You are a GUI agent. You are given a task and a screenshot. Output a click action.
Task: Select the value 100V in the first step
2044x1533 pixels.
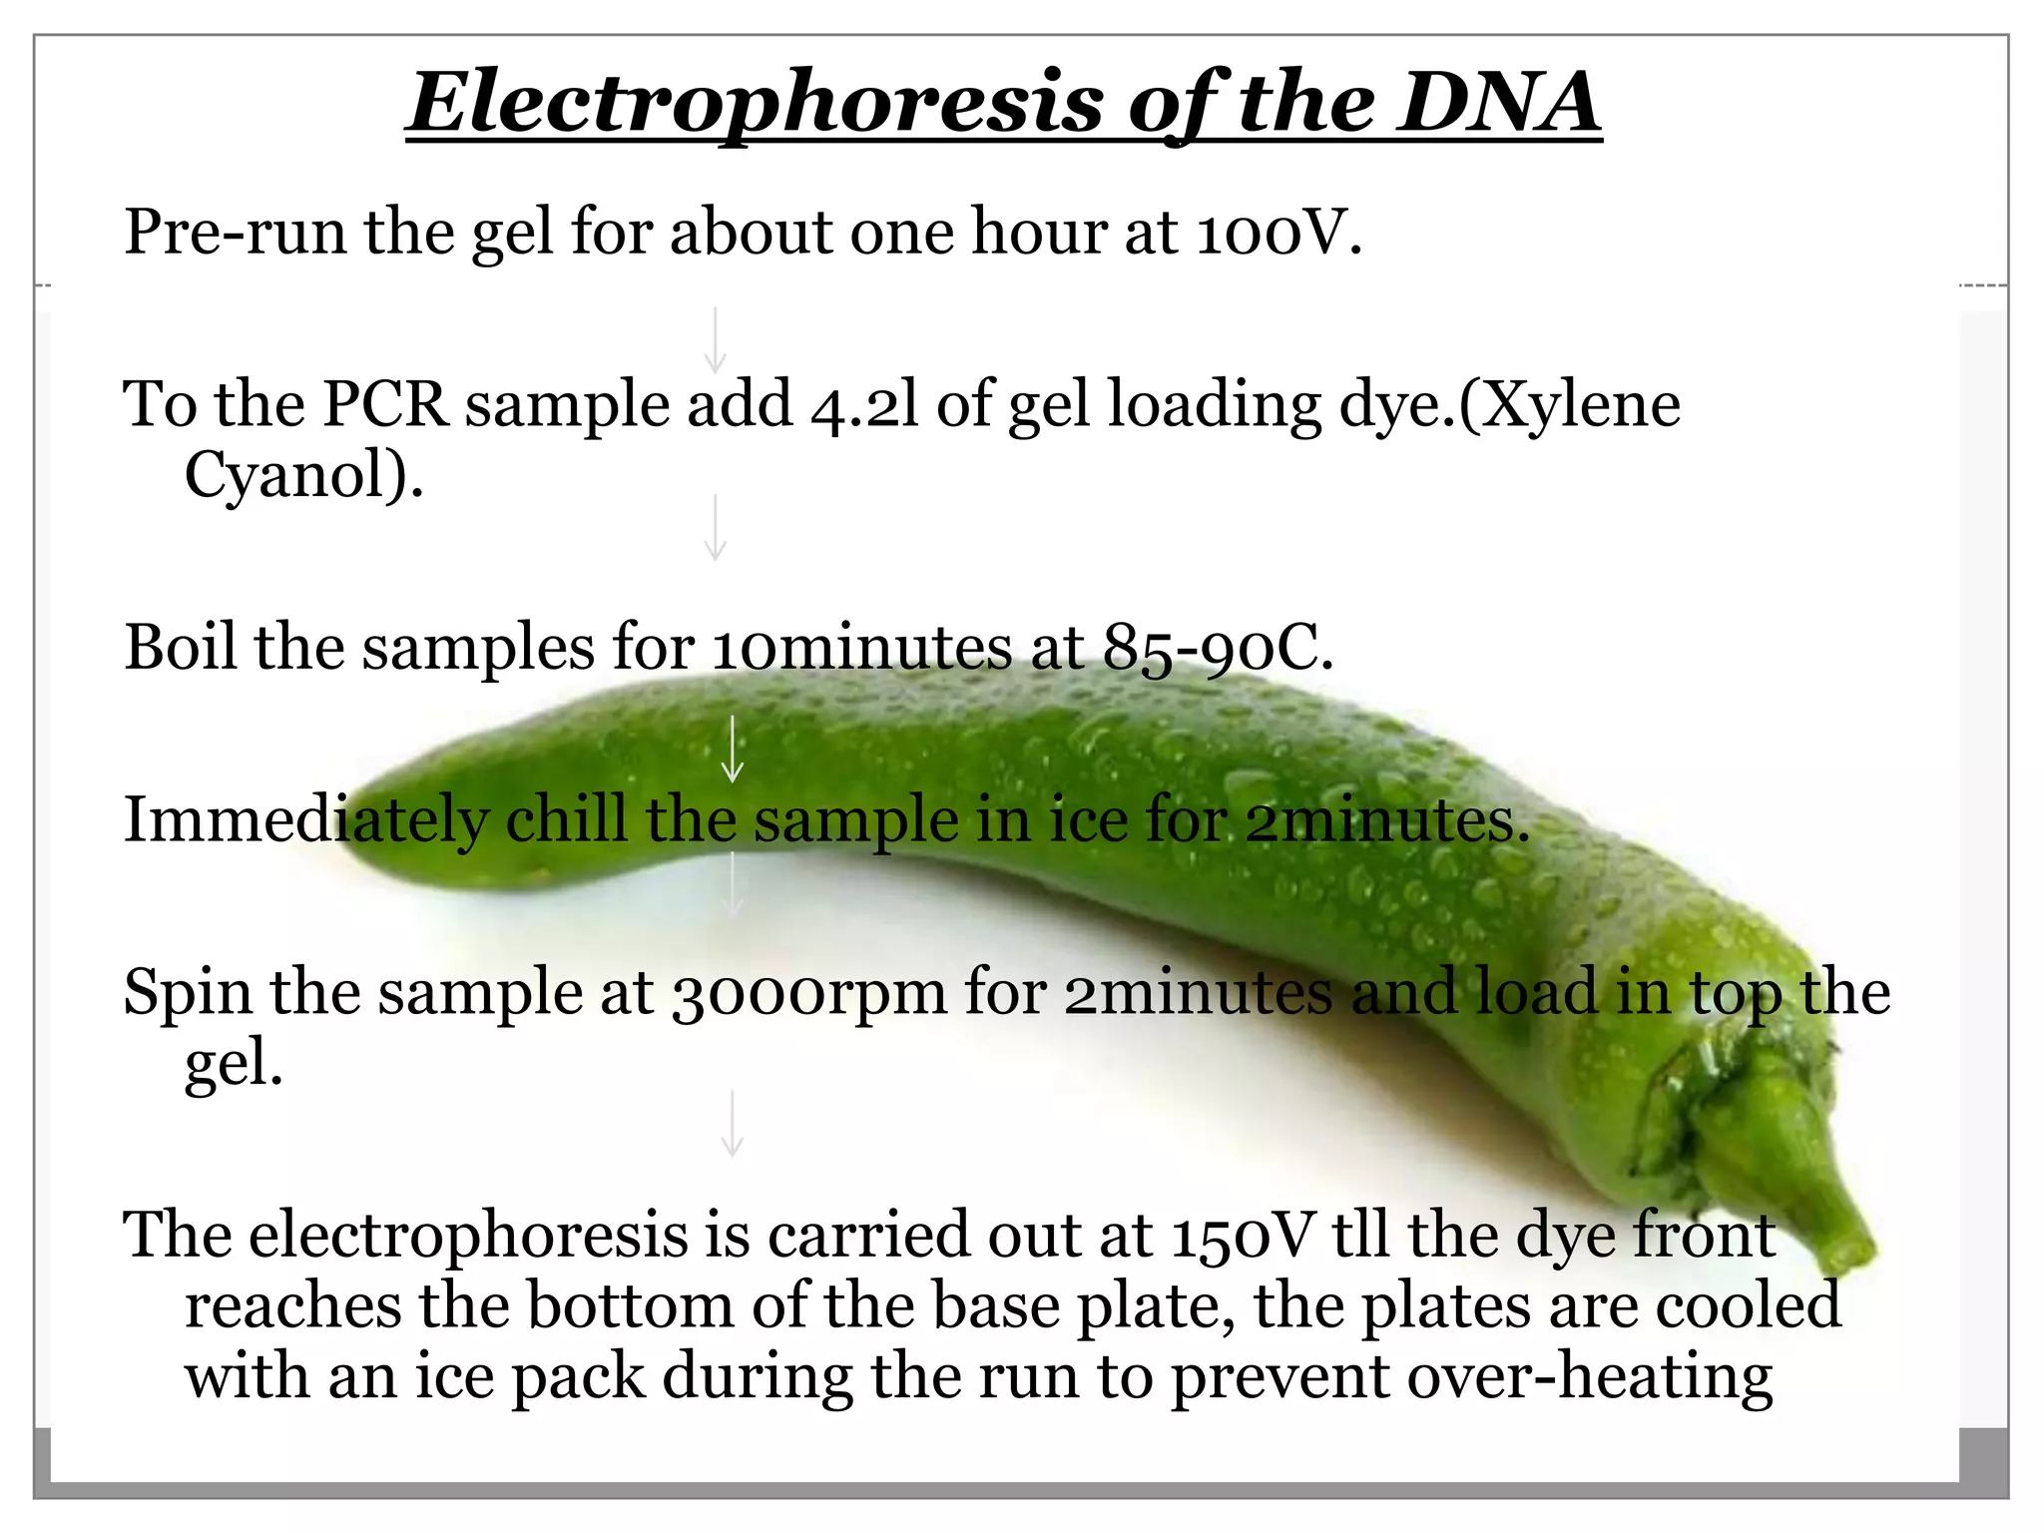(1277, 233)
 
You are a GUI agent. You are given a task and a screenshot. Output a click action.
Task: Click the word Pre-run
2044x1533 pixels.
(236, 233)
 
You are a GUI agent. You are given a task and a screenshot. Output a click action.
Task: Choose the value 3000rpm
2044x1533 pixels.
(808, 994)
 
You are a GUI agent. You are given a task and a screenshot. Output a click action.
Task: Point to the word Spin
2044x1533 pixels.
(187, 994)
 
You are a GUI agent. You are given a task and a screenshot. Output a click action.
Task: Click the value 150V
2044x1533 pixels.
(1244, 1236)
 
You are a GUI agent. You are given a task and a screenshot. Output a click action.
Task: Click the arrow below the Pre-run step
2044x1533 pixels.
(715, 339)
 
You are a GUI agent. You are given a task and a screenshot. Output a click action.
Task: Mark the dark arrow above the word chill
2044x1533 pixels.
(733, 749)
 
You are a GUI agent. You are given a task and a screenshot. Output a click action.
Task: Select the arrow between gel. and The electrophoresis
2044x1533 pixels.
(733, 1123)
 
